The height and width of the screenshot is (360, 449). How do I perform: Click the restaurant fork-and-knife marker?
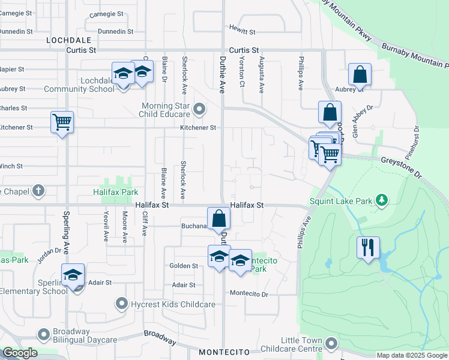point(368,247)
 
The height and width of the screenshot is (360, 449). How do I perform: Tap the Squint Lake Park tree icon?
point(381,200)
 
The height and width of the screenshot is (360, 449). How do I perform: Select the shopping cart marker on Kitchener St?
point(62,122)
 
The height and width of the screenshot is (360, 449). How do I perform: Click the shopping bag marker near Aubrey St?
point(360,75)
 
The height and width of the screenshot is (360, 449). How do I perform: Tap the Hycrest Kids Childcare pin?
point(122,304)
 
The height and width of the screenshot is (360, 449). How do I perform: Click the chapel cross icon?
point(38,191)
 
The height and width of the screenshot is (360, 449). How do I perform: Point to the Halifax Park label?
point(115,192)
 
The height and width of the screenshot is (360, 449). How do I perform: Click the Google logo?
point(20,353)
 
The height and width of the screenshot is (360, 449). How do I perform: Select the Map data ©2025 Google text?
point(411,355)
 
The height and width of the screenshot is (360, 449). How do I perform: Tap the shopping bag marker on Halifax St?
point(218,218)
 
